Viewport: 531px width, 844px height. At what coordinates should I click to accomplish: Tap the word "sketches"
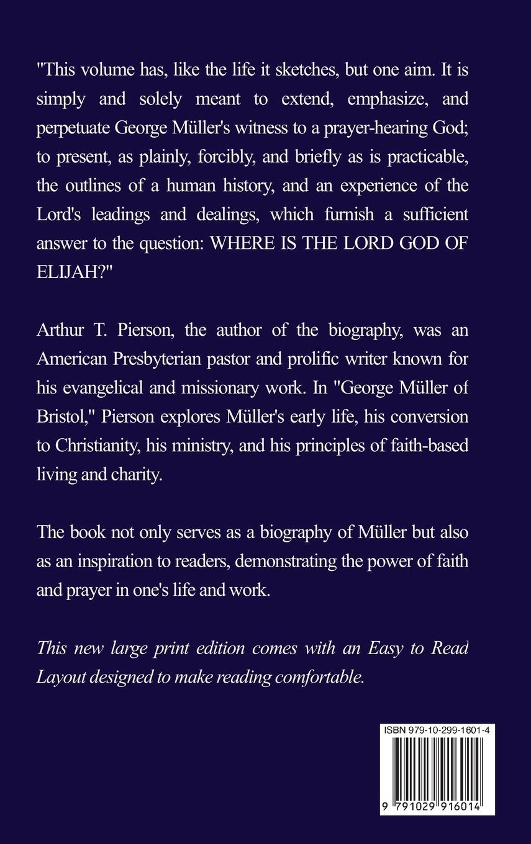point(296,71)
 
